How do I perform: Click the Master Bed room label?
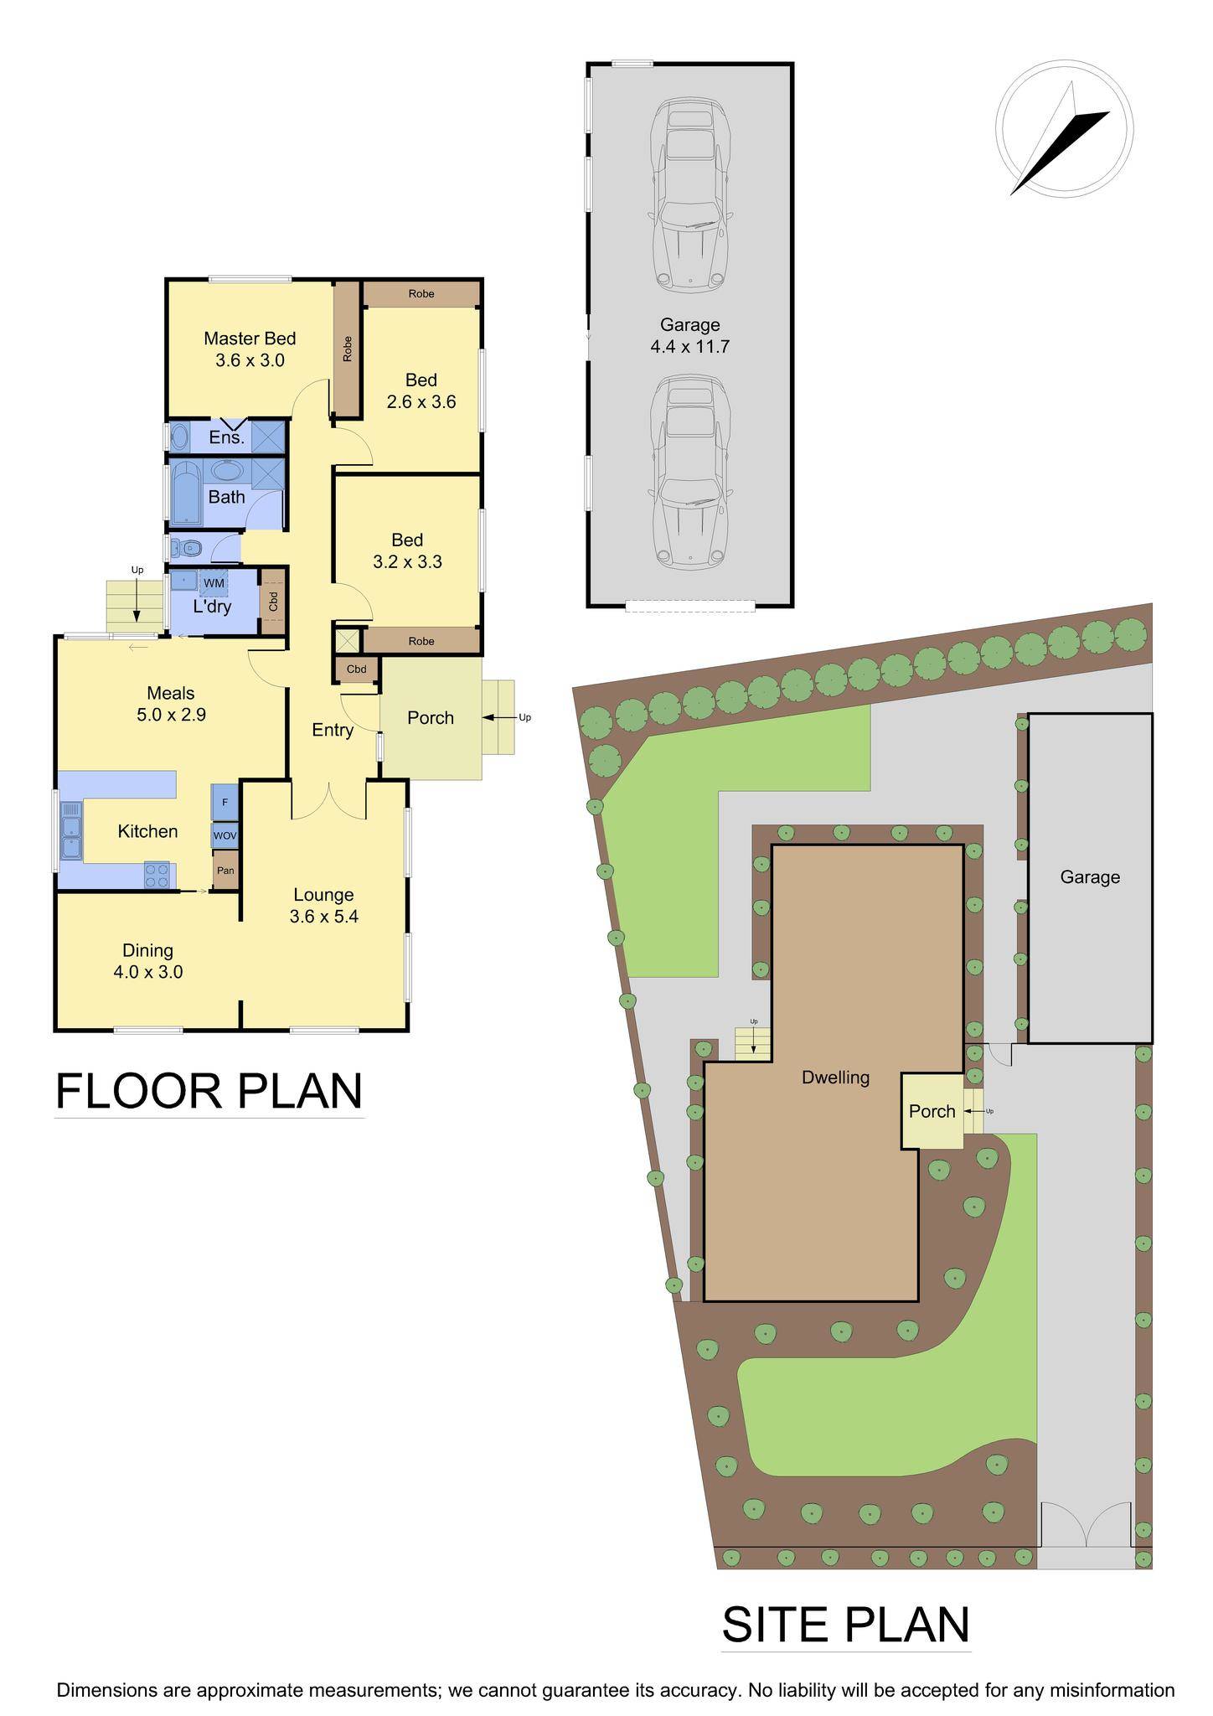(x=250, y=339)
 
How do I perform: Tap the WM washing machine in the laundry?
(x=214, y=582)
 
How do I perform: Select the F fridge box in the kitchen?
(x=225, y=802)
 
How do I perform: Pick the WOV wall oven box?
(x=225, y=835)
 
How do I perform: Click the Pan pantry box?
(x=225, y=871)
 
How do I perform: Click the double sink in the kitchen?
(x=71, y=830)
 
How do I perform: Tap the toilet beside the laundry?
(x=187, y=549)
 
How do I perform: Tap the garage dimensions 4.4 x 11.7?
(x=690, y=346)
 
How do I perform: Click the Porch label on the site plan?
(x=932, y=1111)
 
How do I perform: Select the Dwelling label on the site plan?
(x=835, y=1078)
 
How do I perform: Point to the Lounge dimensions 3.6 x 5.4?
(x=323, y=917)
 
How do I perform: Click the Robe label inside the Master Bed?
(x=347, y=349)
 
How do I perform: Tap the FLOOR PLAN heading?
(x=209, y=1091)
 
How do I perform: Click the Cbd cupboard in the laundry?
(x=272, y=602)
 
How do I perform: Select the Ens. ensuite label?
(x=226, y=437)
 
